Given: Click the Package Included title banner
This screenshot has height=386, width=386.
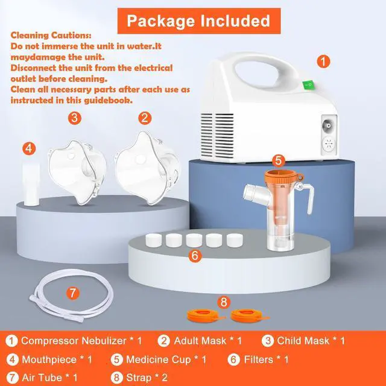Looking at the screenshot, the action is [x=197, y=21].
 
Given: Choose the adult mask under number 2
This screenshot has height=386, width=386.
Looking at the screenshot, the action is [x=144, y=166].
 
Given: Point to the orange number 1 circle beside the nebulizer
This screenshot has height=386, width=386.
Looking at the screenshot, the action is [x=324, y=62].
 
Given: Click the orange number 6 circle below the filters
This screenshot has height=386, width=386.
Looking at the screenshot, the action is [x=194, y=256].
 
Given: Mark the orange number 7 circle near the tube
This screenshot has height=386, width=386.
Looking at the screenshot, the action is [x=73, y=294].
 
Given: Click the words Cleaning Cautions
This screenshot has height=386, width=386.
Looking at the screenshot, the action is [x=51, y=34].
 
